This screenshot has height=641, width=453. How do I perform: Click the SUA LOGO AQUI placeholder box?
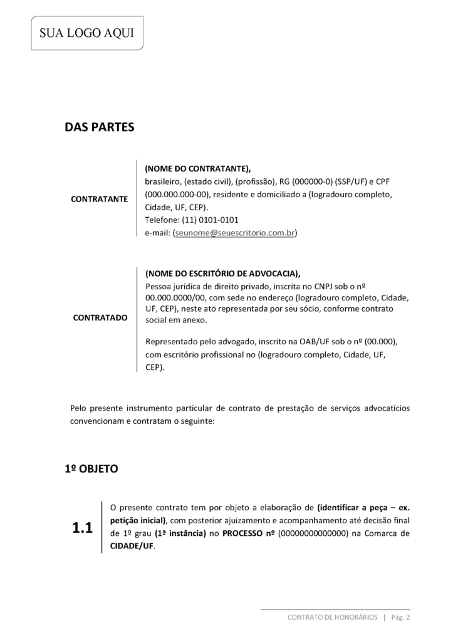[x=87, y=33]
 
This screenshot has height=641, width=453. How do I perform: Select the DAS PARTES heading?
[x=100, y=127]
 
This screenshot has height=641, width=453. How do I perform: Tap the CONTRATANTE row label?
[x=100, y=199]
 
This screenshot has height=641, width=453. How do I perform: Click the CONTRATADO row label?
[x=100, y=317]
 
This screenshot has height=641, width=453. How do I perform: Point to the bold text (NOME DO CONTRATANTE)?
[x=197, y=169]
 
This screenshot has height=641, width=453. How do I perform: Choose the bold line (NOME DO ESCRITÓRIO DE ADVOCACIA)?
[x=222, y=274]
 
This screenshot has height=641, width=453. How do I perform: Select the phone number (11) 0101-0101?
[x=210, y=220]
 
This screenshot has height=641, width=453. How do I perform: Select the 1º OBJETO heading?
[x=91, y=468]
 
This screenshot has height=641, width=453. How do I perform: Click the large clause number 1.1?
[x=82, y=528]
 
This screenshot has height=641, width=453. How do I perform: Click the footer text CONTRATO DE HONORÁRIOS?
[x=332, y=617]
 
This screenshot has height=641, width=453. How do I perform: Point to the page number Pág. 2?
[x=400, y=617]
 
